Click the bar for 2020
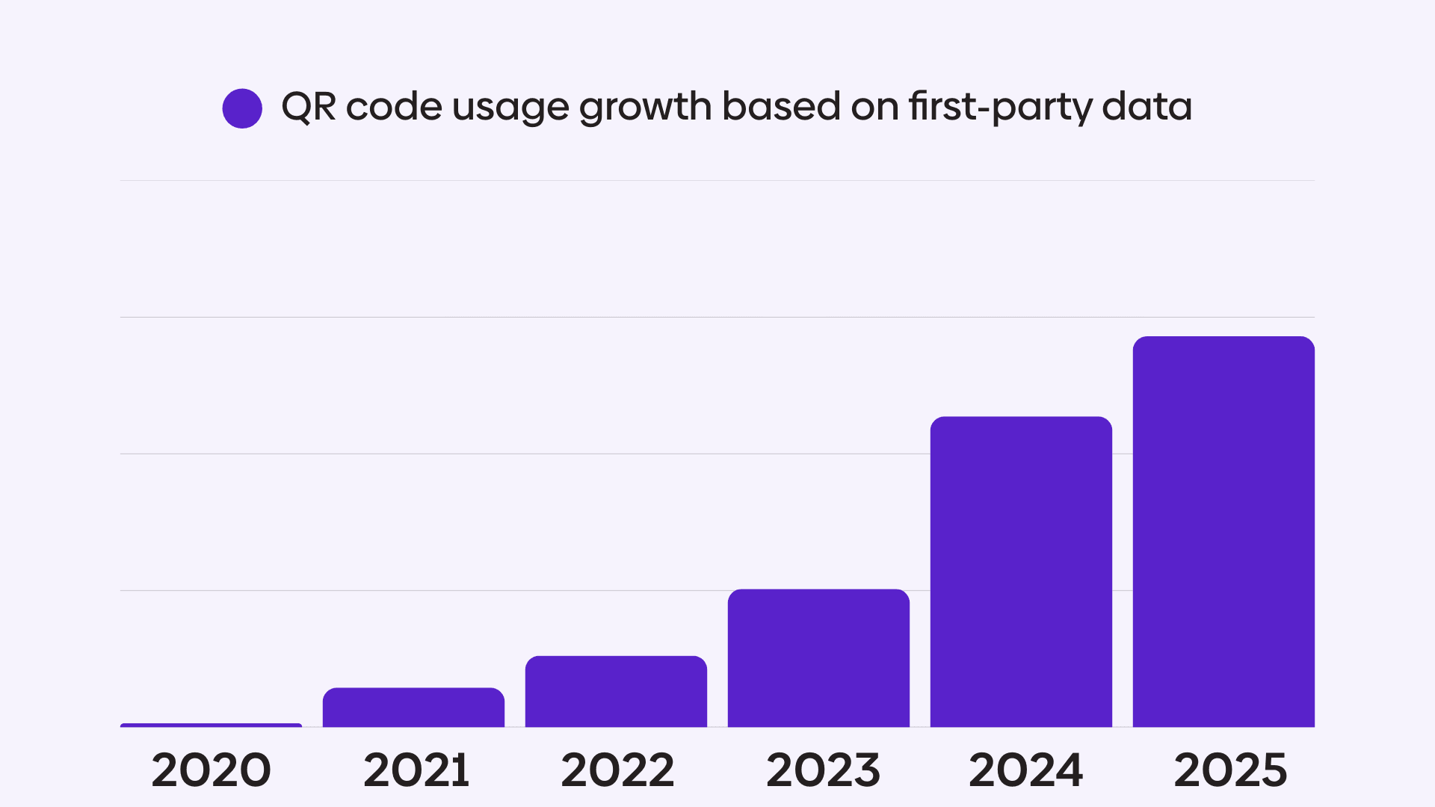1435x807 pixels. [x=211, y=725]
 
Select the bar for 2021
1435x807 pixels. [x=413, y=708]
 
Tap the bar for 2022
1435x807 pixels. [x=616, y=692]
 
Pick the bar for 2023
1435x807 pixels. [x=818, y=658]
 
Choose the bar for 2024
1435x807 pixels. [x=1021, y=572]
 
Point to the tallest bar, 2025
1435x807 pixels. [x=1223, y=532]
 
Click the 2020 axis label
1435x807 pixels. [x=211, y=770]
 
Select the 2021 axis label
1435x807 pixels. [x=416, y=770]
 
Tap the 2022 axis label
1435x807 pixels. [x=617, y=770]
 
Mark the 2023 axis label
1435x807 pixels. [x=823, y=770]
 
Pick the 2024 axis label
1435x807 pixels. [x=1025, y=770]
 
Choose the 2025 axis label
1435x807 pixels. [x=1230, y=770]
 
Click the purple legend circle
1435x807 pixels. [x=242, y=108]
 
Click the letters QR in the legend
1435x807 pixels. [x=308, y=107]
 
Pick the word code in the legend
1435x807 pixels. [x=394, y=107]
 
